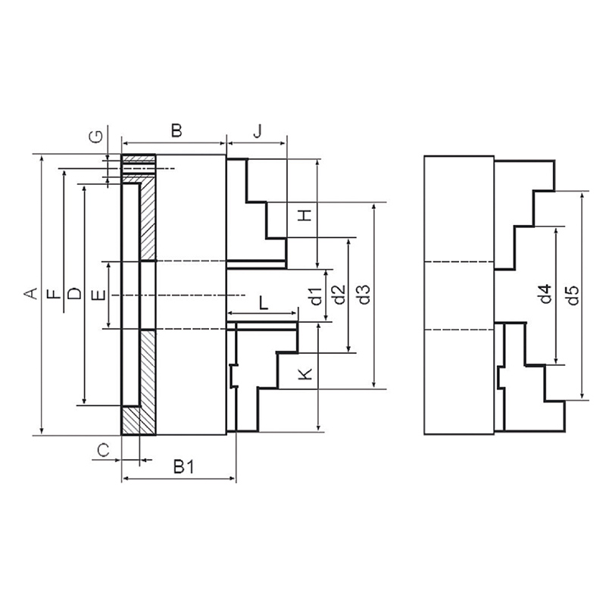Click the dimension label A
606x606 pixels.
(31, 294)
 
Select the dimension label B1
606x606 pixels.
(183, 467)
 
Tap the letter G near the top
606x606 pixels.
(97, 136)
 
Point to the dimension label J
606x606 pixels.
(258, 131)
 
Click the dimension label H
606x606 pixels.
(305, 215)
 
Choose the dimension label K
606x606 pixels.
(306, 374)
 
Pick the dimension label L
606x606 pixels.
(264, 303)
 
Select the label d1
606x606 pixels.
(317, 296)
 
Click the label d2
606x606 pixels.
(339, 295)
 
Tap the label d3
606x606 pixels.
(364, 295)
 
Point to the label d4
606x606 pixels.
(545, 294)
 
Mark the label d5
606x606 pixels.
(573, 295)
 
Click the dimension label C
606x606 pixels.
(103, 450)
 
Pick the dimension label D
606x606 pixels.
(75, 294)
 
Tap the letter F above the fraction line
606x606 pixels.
(55, 294)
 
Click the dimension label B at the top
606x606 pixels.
(176, 130)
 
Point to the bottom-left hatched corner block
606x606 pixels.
(130, 420)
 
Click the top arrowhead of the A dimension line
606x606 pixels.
(42, 159)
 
